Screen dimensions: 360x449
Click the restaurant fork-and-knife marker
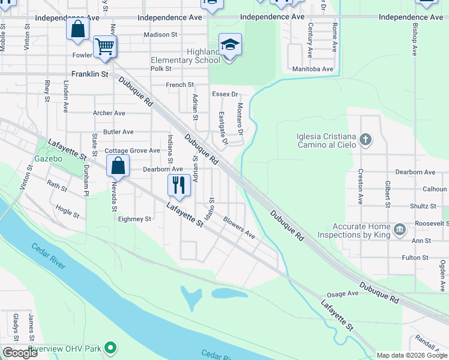tap(178, 185)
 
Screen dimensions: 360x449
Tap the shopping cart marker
tap(105, 46)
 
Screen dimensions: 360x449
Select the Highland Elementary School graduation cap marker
tap(230, 44)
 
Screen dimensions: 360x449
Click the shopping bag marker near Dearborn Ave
tap(118, 166)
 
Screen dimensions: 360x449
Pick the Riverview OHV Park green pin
tap(110, 347)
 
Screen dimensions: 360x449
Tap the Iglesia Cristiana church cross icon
tap(366, 140)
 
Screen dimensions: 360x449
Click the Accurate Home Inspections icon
tap(399, 230)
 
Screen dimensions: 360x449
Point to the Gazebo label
tap(49, 159)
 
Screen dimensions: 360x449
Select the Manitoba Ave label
tap(312, 69)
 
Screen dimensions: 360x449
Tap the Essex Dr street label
tap(225, 94)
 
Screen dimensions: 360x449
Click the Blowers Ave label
tap(239, 227)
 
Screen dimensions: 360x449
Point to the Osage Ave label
tap(342, 294)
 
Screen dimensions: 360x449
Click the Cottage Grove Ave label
tap(132, 151)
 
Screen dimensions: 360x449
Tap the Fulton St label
tap(415, 257)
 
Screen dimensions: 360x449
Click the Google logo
tap(19, 353)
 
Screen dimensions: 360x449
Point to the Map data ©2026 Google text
tap(411, 355)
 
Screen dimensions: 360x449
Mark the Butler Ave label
tap(118, 131)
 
